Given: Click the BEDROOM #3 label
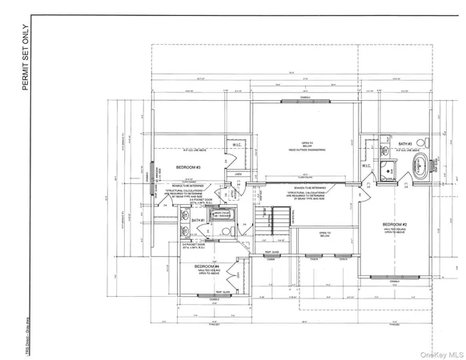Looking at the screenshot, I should [189, 167].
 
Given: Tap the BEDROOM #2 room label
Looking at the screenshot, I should [396, 223].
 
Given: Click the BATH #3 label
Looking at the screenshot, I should [406, 143].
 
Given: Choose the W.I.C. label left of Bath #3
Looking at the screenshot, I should [366, 166].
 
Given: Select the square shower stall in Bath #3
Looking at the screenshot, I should [388, 170].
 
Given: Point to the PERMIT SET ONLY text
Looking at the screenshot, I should [26, 59].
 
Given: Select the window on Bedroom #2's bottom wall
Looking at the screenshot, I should [393, 277].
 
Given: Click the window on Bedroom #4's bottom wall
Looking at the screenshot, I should [210, 296].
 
